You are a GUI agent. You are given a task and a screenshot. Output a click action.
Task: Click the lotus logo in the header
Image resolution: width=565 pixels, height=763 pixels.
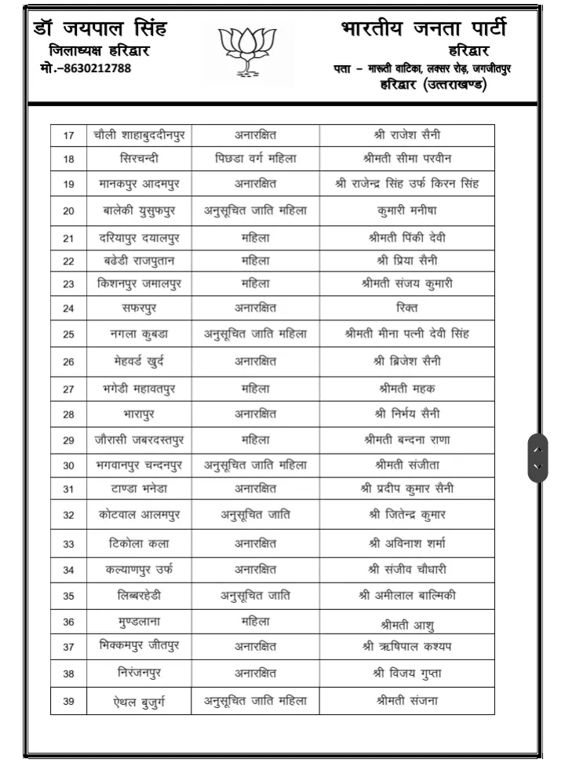tap(247, 49)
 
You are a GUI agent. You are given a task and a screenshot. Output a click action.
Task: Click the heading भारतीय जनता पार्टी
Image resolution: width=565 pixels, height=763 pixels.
tap(424, 29)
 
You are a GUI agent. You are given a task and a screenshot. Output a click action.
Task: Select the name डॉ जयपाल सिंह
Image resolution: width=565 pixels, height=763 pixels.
tap(101, 30)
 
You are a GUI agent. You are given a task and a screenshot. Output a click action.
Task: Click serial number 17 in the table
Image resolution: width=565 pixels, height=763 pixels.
tap(68, 136)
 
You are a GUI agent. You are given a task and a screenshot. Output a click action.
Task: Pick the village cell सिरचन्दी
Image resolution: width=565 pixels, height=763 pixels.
tap(139, 159)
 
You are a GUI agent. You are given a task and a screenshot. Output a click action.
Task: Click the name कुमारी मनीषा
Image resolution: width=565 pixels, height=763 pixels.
tap(406, 210)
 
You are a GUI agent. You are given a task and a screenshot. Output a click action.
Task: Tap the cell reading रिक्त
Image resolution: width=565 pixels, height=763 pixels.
tap(406, 308)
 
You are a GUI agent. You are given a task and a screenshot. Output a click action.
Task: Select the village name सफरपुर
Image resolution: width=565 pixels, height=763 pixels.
tap(139, 308)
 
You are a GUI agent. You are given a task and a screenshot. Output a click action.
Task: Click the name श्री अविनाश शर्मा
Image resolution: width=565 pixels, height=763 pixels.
tap(406, 543)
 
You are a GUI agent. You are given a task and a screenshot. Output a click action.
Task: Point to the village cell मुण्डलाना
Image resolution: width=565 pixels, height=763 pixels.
tap(139, 622)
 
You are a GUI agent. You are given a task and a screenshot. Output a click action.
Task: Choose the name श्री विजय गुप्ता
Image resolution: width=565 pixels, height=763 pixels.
tap(406, 673)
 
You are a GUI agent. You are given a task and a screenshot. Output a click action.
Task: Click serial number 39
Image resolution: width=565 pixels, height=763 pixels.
tap(68, 701)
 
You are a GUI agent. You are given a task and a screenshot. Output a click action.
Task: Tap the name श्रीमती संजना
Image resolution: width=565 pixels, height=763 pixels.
tap(406, 701)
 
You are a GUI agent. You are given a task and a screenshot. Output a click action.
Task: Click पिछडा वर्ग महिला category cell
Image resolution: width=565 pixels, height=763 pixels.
tap(256, 159)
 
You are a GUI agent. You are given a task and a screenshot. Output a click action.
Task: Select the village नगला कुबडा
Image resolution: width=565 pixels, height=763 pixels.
tap(139, 334)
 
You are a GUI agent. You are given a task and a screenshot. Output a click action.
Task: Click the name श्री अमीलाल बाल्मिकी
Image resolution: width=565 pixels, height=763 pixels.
tap(406, 596)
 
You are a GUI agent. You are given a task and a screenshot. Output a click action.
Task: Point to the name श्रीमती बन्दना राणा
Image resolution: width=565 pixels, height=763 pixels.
tap(406, 440)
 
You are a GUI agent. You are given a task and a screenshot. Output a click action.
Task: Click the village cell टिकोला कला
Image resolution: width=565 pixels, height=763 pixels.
tap(139, 543)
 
